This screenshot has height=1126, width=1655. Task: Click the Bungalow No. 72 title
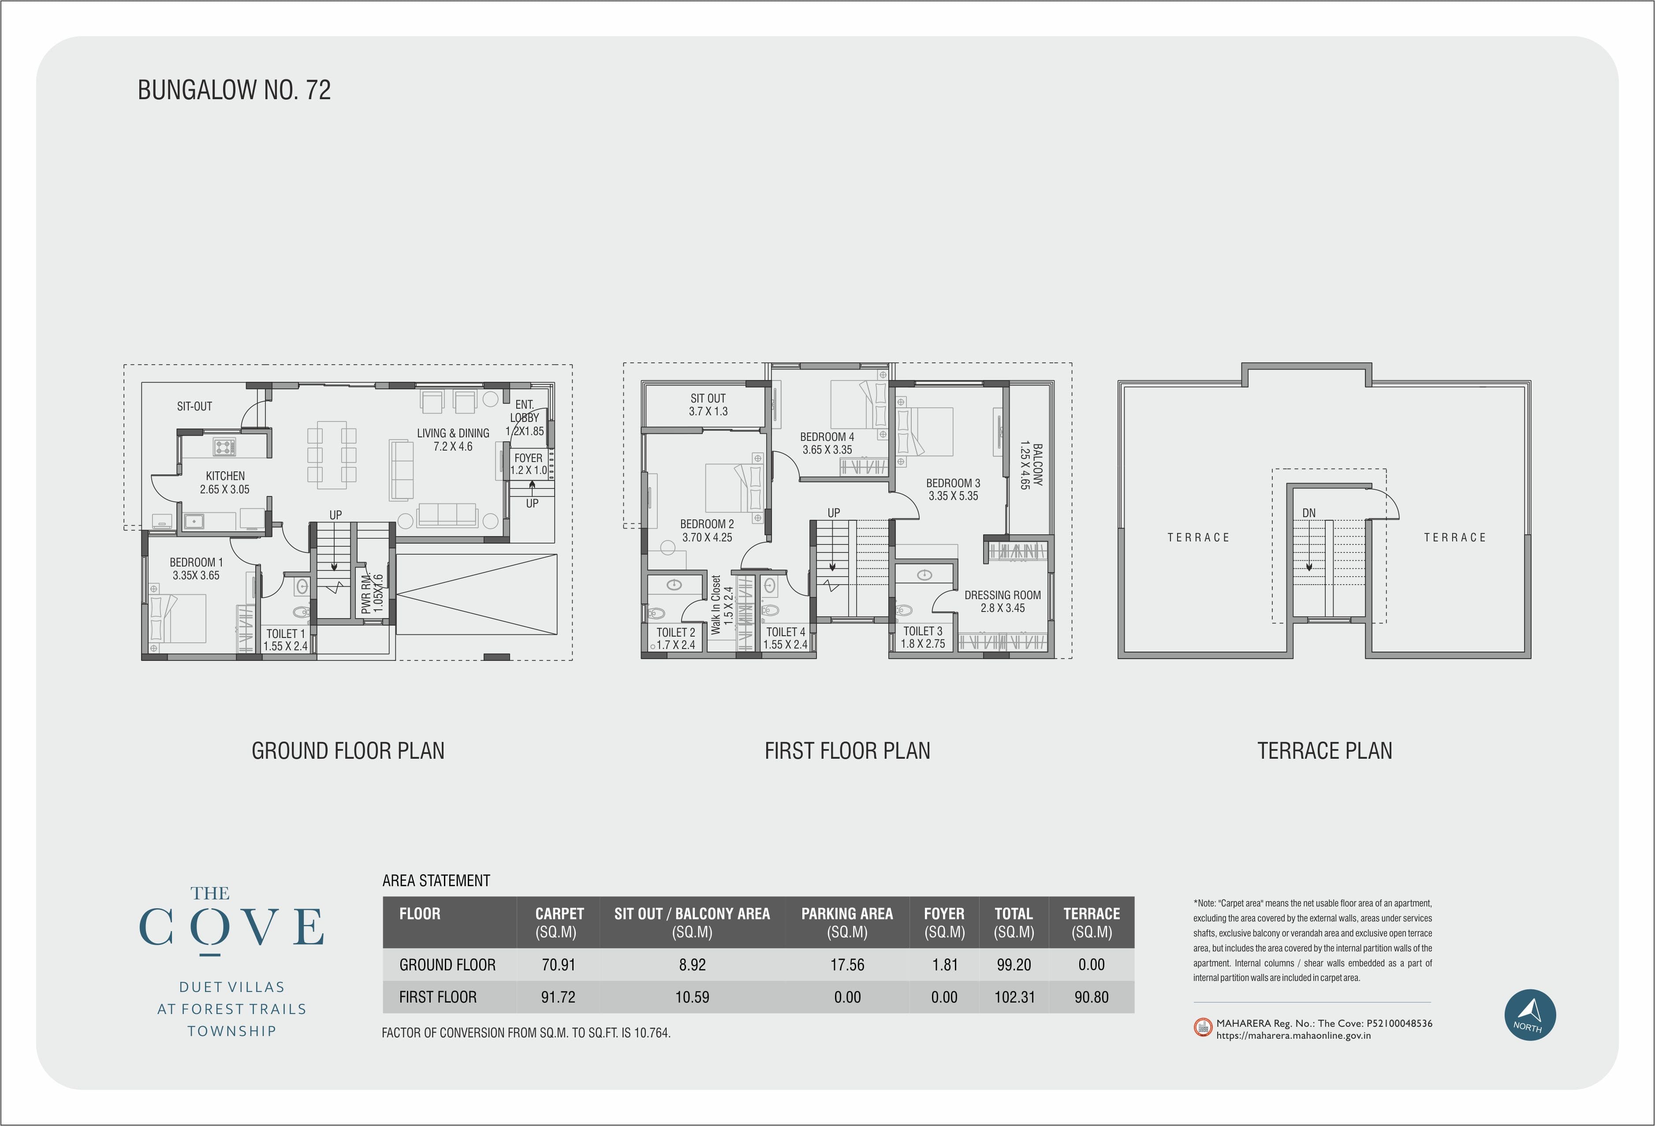pos(234,90)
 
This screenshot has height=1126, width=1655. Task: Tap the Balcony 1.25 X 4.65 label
pos(1030,466)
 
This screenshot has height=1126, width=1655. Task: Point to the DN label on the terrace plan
pos(1309,513)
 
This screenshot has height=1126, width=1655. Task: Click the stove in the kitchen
pos(224,447)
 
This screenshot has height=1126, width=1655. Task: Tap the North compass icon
pos(1530,1015)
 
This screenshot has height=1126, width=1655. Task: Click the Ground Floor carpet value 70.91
pos(558,965)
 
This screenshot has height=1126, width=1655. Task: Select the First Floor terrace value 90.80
pos(1092,997)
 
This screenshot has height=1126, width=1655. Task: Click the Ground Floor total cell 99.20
pos(1014,965)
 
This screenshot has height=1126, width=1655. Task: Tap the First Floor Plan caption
pos(847,751)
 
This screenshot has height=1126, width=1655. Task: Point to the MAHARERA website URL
pos(1293,1036)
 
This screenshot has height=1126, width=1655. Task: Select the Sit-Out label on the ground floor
pos(194,406)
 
